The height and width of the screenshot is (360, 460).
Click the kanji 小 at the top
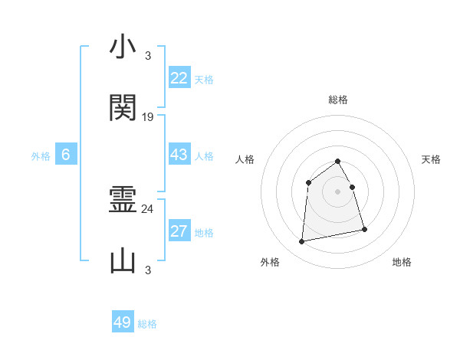(x=123, y=47)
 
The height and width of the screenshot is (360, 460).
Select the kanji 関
(x=123, y=108)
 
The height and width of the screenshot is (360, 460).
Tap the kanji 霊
(x=123, y=200)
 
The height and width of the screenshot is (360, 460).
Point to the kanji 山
(x=123, y=261)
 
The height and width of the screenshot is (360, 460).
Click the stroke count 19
(x=148, y=117)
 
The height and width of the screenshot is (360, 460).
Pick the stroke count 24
(x=148, y=208)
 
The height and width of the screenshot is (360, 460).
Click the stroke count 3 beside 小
(x=148, y=56)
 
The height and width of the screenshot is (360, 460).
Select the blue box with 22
(x=179, y=78)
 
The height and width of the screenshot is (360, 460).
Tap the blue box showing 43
(x=179, y=155)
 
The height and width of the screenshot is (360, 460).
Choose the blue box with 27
(x=179, y=231)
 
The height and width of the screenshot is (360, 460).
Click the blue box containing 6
(x=66, y=155)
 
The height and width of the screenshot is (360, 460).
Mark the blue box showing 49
(x=123, y=322)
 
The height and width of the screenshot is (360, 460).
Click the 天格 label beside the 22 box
(x=204, y=80)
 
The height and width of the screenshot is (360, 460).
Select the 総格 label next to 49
(x=147, y=324)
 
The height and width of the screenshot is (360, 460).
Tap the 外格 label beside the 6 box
(x=41, y=156)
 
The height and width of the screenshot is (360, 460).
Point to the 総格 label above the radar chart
(x=338, y=100)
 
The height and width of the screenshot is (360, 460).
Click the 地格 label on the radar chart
(x=402, y=262)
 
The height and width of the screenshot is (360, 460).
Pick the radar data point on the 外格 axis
(x=302, y=242)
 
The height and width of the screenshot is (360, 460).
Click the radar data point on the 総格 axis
(x=338, y=161)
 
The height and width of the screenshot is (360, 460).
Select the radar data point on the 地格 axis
(x=364, y=229)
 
